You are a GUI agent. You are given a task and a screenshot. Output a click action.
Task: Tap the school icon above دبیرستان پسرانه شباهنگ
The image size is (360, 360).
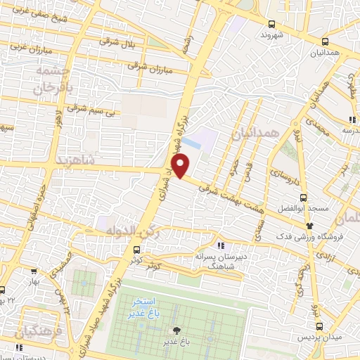pyautogui.click(x=221, y=245)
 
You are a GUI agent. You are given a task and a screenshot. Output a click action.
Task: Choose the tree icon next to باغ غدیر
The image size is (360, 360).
pyautogui.click(x=176, y=330)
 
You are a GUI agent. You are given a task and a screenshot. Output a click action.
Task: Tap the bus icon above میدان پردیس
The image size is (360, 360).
pyautogui.click(x=320, y=326)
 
